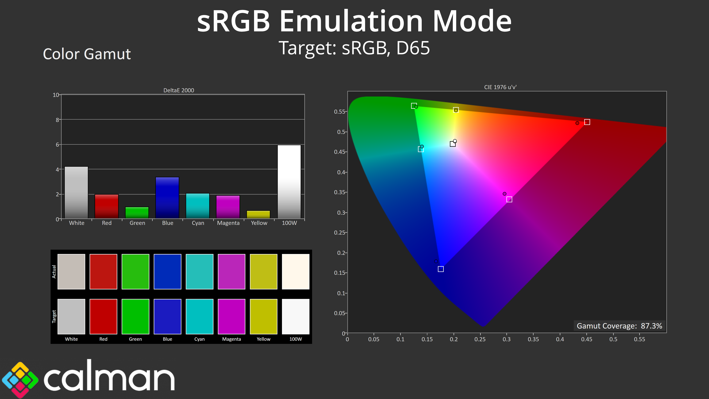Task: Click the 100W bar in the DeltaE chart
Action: tap(289, 182)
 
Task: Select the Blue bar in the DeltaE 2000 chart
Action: tap(167, 198)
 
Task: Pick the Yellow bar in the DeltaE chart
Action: tap(258, 214)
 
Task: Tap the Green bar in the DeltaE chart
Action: tap(137, 213)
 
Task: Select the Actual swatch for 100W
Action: tap(296, 272)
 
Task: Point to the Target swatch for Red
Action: tap(103, 316)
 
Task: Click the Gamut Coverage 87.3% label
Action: tap(619, 326)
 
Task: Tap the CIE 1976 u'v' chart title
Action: tap(500, 87)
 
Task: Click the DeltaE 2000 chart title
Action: tap(179, 90)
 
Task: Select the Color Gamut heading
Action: tap(87, 54)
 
